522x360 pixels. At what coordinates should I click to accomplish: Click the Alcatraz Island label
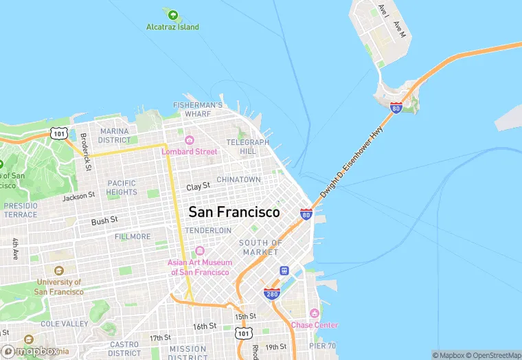(172, 27)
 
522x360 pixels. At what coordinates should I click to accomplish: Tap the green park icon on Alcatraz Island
(172, 14)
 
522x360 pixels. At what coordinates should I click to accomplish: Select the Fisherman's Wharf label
(198, 109)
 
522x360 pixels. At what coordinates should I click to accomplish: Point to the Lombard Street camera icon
(190, 140)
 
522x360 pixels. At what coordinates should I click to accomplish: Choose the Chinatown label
(238, 179)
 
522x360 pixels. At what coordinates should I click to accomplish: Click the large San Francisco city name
(234, 212)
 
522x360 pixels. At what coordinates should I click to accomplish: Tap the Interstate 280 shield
(271, 293)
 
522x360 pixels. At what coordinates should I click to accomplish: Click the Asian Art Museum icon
(200, 251)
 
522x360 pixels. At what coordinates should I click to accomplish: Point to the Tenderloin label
(208, 231)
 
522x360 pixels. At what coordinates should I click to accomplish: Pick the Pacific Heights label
(122, 188)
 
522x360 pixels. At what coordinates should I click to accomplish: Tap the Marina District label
(114, 135)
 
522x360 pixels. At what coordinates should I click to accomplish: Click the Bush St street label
(104, 221)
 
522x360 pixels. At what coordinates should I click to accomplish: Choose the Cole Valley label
(61, 323)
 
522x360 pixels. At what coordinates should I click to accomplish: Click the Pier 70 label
(322, 346)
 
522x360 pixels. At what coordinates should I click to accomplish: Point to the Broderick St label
(84, 151)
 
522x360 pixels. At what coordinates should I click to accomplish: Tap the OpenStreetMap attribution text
(494, 355)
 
